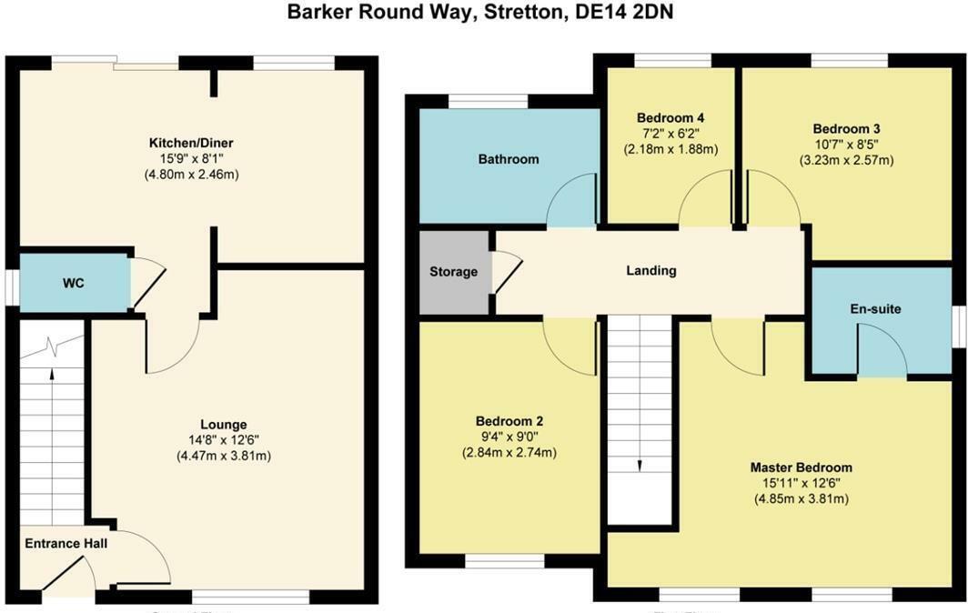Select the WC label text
coord(74,283)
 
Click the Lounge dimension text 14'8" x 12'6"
coord(224,440)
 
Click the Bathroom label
coord(509,159)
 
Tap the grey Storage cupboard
coord(453,271)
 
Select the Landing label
coord(651,270)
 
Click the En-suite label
coord(875,309)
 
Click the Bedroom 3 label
coord(846,129)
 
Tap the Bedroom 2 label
coord(509,422)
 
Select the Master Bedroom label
coord(801,467)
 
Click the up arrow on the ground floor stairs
coord(52,382)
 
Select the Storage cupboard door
coord(507,271)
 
